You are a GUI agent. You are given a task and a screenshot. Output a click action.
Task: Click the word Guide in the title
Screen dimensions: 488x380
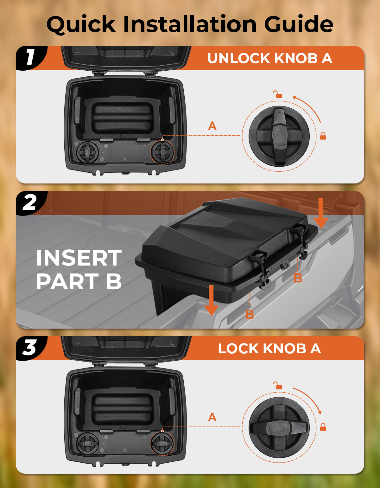tap(299, 25)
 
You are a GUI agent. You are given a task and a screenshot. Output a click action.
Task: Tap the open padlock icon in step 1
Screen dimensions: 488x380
tap(278, 94)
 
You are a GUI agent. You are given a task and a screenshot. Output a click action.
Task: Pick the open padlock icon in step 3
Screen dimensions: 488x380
tap(278, 385)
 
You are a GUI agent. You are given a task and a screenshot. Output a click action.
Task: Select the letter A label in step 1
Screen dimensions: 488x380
tap(212, 126)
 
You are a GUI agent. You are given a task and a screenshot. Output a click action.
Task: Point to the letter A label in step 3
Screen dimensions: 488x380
tap(212, 417)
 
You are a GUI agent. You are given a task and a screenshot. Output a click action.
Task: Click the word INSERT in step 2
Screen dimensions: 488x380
tap(79, 258)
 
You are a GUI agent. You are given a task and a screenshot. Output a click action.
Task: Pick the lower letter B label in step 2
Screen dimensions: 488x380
tap(250, 314)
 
